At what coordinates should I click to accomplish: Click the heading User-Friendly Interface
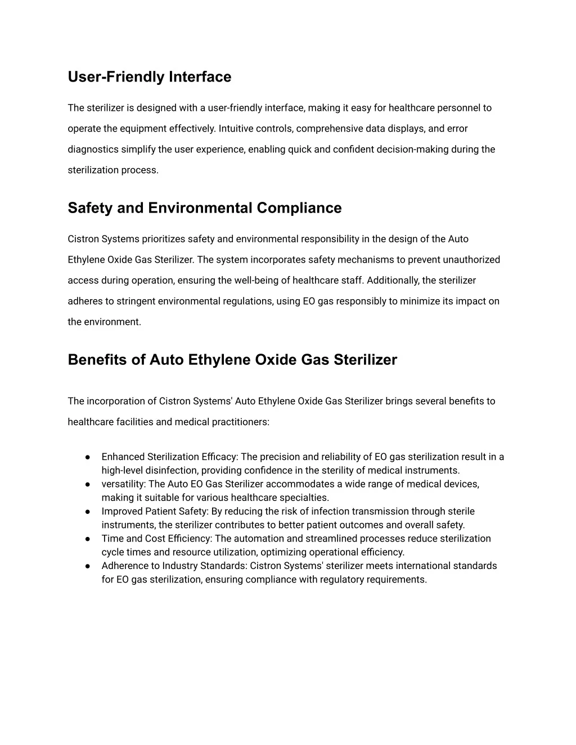point(149,77)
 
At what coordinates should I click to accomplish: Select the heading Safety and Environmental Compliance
point(204,208)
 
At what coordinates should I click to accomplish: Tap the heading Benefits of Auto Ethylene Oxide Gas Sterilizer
point(232,360)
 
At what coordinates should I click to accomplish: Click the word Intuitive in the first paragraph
point(236,129)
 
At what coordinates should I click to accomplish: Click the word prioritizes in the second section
point(163,239)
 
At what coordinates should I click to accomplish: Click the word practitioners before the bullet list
point(240,422)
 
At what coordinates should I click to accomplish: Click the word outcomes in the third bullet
point(366,525)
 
